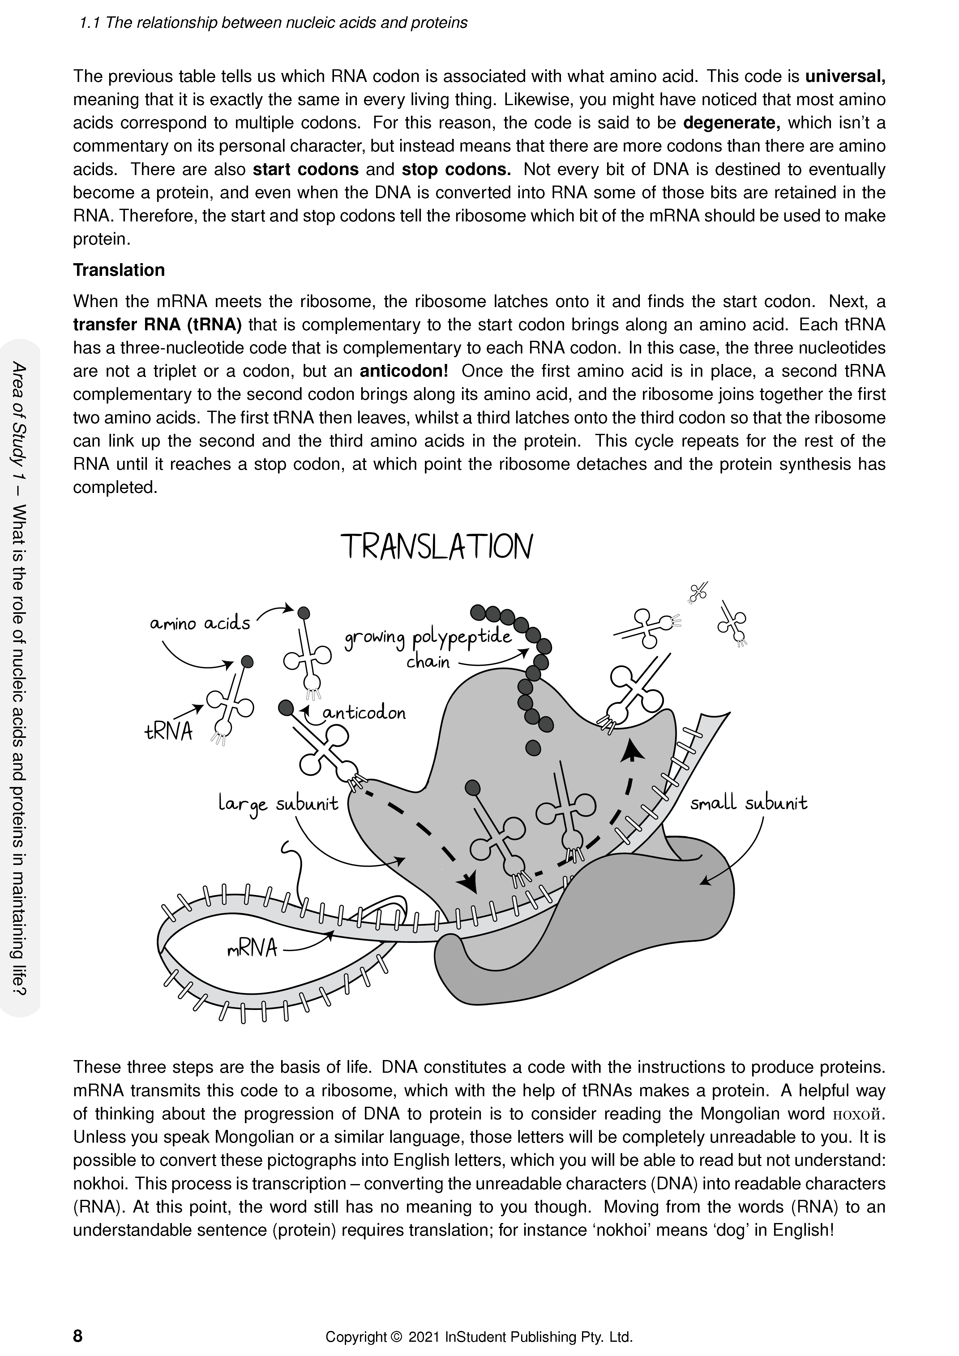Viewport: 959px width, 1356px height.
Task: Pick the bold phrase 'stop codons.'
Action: point(456,169)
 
